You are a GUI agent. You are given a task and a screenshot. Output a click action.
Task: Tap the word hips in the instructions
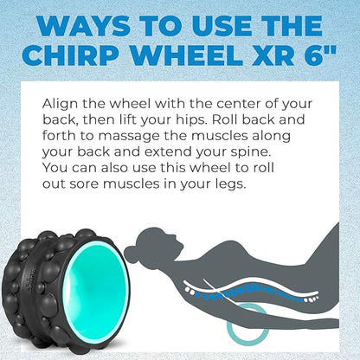point(193,120)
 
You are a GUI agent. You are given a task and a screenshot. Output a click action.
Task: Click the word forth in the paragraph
point(59,136)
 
